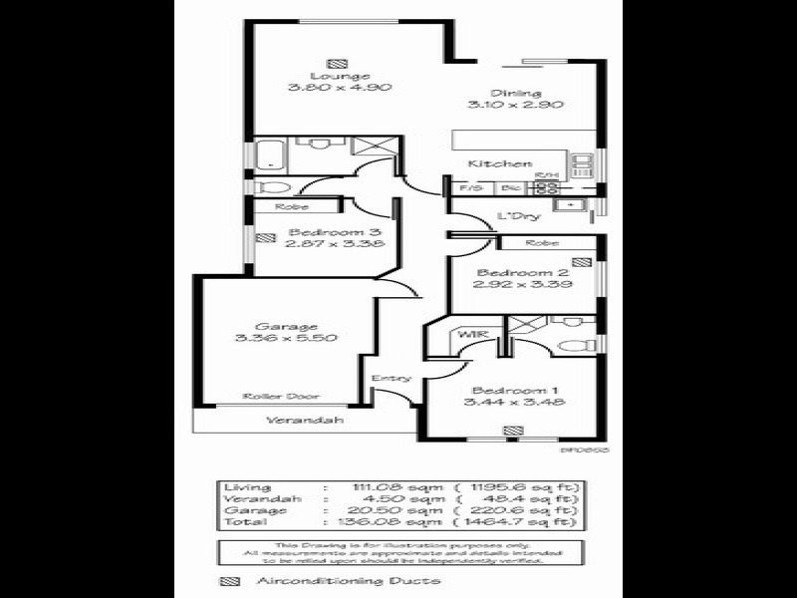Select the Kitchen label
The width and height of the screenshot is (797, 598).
click(x=500, y=163)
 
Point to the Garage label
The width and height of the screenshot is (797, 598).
click(x=286, y=326)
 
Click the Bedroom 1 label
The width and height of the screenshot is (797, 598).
click(x=508, y=390)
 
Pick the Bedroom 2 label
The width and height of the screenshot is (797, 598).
click(x=508, y=273)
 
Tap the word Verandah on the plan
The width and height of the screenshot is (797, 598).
click(x=305, y=421)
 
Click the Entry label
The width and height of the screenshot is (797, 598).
click(x=390, y=378)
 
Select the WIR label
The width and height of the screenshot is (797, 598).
click(x=469, y=335)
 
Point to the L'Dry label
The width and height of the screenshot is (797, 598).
click(x=518, y=216)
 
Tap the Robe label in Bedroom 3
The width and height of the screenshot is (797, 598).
click(x=292, y=207)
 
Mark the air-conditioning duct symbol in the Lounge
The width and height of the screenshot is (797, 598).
click(x=344, y=62)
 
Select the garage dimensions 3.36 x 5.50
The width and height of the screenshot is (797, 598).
click(x=286, y=339)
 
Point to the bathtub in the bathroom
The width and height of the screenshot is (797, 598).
click(x=269, y=155)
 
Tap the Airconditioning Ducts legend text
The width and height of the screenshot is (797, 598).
click(x=349, y=581)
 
